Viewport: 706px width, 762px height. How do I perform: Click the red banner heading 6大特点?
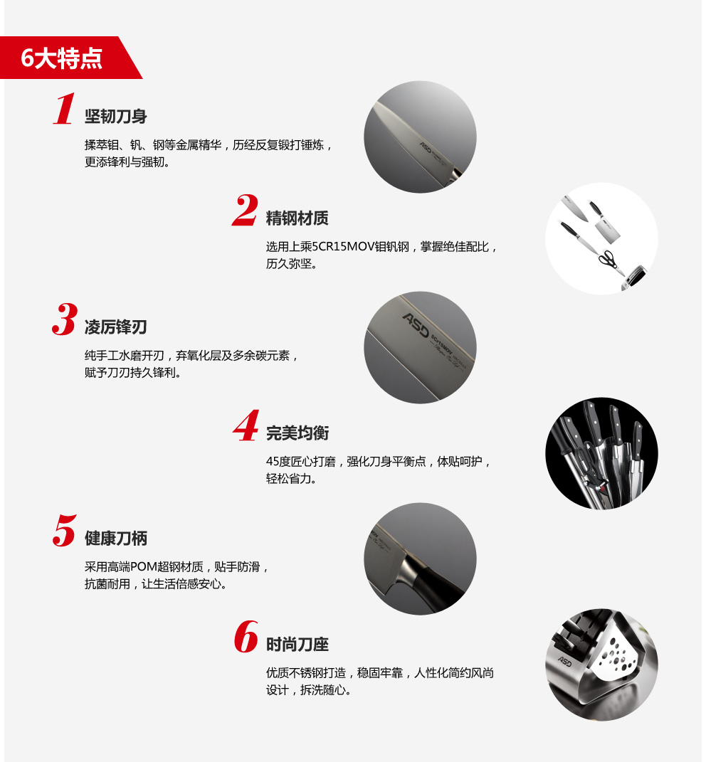tap(62, 58)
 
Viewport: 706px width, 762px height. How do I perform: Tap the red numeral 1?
tap(64, 109)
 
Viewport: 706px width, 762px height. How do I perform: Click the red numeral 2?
tap(245, 210)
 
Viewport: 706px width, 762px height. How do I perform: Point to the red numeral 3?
tap(65, 319)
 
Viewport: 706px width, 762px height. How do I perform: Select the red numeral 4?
tap(246, 425)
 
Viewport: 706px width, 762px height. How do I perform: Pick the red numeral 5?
tap(65, 530)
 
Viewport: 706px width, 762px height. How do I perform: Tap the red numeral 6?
tap(246, 636)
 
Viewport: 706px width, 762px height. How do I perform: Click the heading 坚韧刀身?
tap(116, 117)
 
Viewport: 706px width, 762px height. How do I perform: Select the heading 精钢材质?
tap(297, 218)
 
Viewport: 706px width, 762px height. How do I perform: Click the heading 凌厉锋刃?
tap(116, 327)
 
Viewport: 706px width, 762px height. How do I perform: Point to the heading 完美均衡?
tap(297, 433)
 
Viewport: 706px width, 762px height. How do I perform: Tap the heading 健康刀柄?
tap(116, 539)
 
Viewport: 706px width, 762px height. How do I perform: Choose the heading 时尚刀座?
tap(297, 645)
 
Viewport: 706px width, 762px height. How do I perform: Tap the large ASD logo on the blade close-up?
tap(416, 324)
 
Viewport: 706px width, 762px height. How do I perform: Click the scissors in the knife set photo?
tap(608, 260)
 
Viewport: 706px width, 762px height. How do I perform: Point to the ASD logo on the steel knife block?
tap(565, 661)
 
